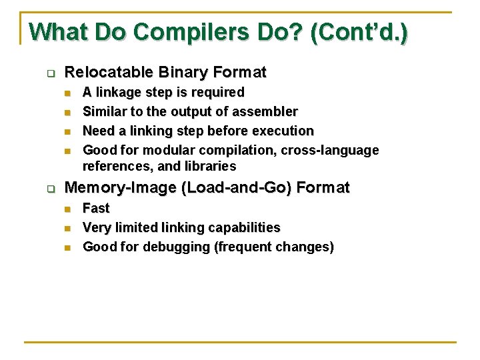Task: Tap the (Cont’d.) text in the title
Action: point(359,31)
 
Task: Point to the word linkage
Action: point(119,92)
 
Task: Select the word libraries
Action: point(211,166)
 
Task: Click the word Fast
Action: point(95,208)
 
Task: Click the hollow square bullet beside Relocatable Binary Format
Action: point(50,73)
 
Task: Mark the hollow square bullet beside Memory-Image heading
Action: point(50,189)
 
